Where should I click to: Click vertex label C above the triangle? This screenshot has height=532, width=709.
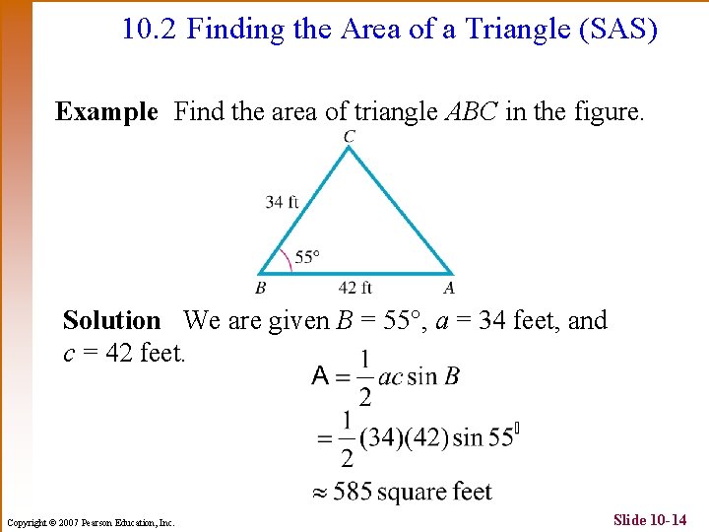[x=350, y=136]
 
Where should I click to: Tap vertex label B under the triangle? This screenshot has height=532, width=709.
[x=260, y=288]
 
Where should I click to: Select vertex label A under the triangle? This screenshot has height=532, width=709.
[x=448, y=288]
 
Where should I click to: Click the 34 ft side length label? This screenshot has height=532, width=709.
[x=282, y=202]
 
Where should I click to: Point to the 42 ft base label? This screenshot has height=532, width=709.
[x=354, y=288]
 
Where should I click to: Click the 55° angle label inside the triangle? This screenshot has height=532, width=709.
[x=307, y=257]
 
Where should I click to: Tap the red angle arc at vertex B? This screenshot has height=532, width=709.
[x=286, y=258]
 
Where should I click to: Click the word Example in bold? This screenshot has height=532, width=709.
[x=106, y=112]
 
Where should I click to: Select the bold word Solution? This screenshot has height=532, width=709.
[x=111, y=320]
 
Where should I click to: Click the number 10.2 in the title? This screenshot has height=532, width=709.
[x=150, y=30]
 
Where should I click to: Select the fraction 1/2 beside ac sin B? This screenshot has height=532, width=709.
[x=364, y=376]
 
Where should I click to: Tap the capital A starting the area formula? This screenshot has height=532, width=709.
[x=320, y=375]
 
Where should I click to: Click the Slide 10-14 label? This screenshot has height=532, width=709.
[x=650, y=519]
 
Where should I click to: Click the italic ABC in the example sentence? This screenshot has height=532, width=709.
[x=471, y=112]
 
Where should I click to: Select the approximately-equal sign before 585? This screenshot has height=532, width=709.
[x=319, y=492]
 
